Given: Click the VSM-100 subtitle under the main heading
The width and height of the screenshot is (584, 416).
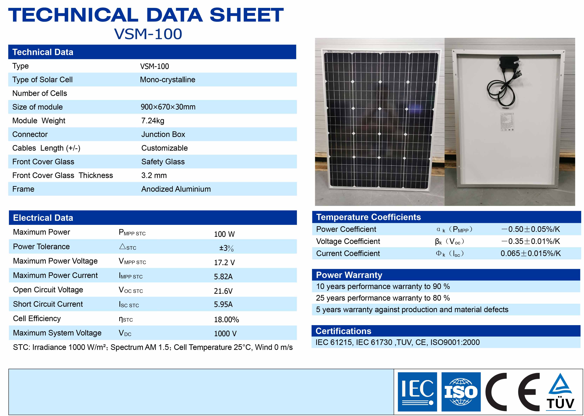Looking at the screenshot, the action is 148,34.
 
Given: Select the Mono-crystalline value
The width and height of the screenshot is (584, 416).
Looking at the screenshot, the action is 167,80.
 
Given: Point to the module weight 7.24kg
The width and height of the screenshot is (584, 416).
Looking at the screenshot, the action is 153,121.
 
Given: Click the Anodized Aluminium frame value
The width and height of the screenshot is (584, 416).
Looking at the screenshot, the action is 176,189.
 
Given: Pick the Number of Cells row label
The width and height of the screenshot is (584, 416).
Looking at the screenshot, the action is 40,93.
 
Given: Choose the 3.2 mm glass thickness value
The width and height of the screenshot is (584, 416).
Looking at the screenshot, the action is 154,176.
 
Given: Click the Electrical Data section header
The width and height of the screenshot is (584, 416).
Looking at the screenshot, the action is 43,218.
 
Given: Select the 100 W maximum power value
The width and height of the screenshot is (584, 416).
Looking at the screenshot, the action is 224,234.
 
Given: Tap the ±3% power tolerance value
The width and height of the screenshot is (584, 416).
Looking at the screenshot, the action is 226,248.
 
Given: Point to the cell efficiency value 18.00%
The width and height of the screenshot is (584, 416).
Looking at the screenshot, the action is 226,319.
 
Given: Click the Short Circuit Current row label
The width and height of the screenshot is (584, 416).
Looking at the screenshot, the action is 48,304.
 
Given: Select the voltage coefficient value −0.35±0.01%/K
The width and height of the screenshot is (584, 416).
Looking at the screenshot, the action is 531,241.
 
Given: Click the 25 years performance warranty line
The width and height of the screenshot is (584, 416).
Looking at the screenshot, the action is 383,298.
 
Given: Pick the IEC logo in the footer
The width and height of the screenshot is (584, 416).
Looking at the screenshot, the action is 417,392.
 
